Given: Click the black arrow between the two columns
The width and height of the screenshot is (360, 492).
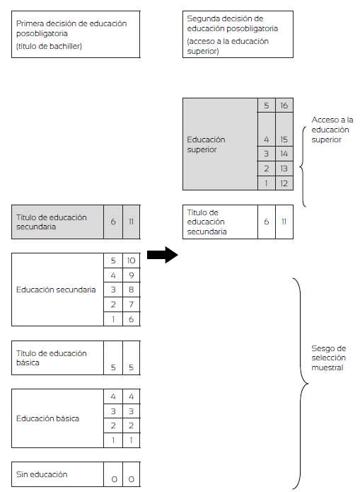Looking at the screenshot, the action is point(163,255).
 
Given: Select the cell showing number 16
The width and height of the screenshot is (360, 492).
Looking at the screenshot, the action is point(284,105).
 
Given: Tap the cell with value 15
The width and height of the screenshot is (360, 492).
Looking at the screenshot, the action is point(284,129).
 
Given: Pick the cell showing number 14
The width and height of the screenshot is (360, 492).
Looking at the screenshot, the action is point(284,154).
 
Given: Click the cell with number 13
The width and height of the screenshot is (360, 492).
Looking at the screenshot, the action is point(284,168).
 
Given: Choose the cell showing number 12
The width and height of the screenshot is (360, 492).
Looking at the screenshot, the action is point(284,183).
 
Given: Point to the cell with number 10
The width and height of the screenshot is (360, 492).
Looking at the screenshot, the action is point(131,261).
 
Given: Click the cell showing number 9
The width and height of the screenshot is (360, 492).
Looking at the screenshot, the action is point(131,275).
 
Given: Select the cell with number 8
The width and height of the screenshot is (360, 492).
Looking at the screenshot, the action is point(131,290).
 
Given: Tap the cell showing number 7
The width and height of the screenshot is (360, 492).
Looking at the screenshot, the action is point(131,304).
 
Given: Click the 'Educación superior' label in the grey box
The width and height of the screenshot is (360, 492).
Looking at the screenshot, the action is point(206,144).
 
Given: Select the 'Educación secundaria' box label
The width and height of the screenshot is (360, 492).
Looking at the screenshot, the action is point(56,290).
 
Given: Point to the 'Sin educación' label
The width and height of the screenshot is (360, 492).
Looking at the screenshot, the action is point(42,474).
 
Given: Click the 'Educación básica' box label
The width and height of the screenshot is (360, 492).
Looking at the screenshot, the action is point(47,418).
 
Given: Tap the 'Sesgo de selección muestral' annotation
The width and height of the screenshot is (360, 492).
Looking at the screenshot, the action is point(329,357).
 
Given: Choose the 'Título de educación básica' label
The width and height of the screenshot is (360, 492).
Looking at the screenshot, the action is point(52,357).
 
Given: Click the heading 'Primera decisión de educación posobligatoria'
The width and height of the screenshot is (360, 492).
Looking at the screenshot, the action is point(71,28).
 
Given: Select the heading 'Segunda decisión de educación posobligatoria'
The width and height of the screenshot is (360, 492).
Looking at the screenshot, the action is point(233,23).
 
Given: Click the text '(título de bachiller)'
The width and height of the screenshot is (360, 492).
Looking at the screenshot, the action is point(49,46).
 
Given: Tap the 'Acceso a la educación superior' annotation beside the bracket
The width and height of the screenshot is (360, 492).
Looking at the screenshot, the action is point(332,130).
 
